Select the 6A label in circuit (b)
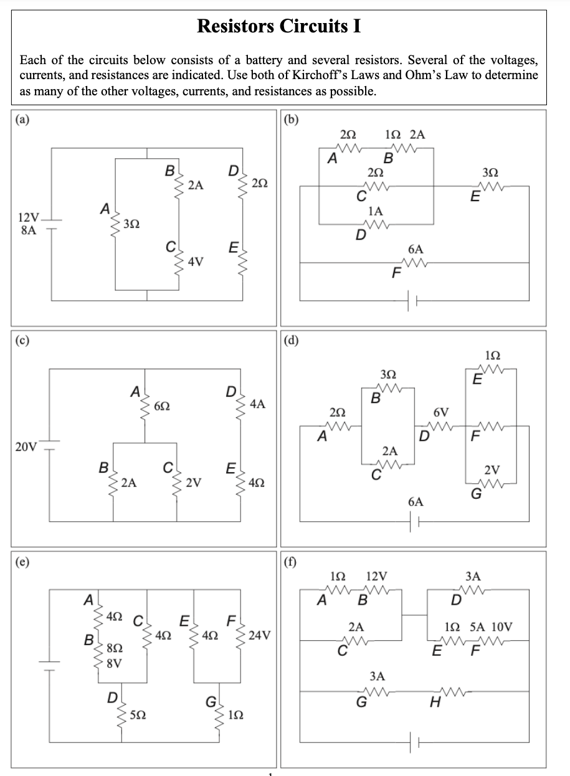click(x=416, y=248)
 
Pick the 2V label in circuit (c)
click(x=194, y=482)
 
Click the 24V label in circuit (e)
click(x=259, y=635)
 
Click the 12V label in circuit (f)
click(x=378, y=576)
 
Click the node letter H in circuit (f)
click(x=435, y=703)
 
